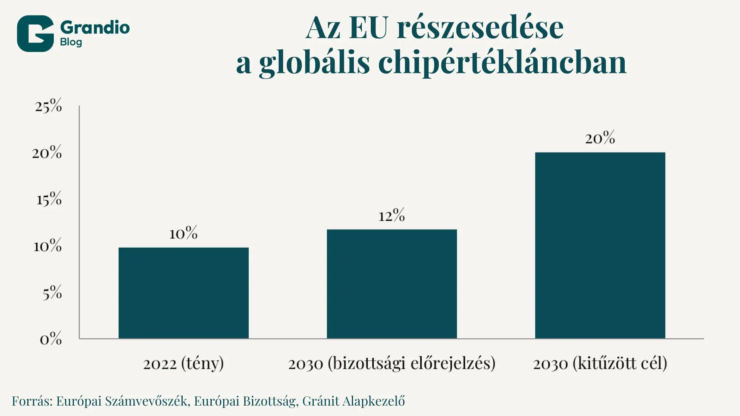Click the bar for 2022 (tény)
click(x=183, y=293)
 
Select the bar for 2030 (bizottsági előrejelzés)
click(x=392, y=284)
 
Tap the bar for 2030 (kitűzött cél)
click(x=600, y=245)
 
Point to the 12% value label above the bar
click(x=392, y=215)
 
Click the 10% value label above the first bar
click(x=183, y=233)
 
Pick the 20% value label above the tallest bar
click(x=600, y=138)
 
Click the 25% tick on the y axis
click(x=49, y=106)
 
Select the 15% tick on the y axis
click(x=49, y=199)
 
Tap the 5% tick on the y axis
click(x=52, y=293)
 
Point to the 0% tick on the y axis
click(x=51, y=339)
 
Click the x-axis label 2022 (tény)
click(x=183, y=363)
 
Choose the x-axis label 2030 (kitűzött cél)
click(x=600, y=363)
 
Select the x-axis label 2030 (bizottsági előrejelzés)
click(x=392, y=363)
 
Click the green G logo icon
click(x=35, y=34)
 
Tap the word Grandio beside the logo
click(x=95, y=27)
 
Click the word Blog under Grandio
click(x=71, y=42)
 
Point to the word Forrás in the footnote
click(x=32, y=401)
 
